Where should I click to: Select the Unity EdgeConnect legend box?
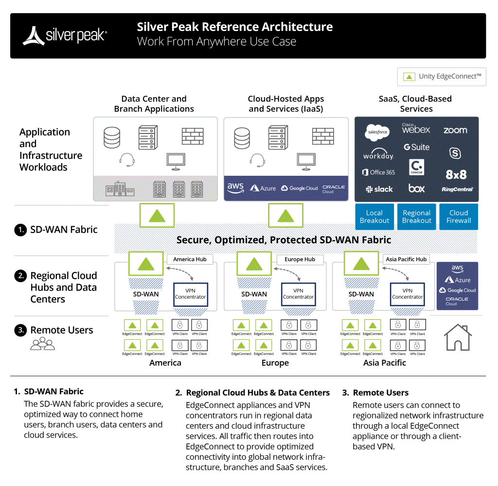[x=442, y=77]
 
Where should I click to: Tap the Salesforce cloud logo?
[x=377, y=131]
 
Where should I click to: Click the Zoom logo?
[x=455, y=131]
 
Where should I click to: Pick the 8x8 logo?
[x=456, y=174]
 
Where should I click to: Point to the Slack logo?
[x=379, y=189]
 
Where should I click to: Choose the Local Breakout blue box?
[x=374, y=217]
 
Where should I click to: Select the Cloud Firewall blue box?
[x=459, y=217]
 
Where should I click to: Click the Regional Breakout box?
[x=417, y=217]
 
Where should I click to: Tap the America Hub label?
[x=190, y=259]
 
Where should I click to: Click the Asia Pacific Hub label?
[x=406, y=259]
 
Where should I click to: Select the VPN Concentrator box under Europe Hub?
[x=299, y=294]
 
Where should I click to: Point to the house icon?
[x=458, y=337]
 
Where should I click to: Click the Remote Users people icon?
[x=43, y=344]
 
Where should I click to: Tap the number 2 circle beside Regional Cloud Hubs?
[x=20, y=276]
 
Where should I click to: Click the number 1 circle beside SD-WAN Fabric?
[x=20, y=230]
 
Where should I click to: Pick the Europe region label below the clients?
[x=275, y=363]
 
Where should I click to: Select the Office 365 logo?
[x=378, y=172]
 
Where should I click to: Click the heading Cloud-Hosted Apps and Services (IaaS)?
[x=286, y=104]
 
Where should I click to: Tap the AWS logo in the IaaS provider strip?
[x=235, y=188]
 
